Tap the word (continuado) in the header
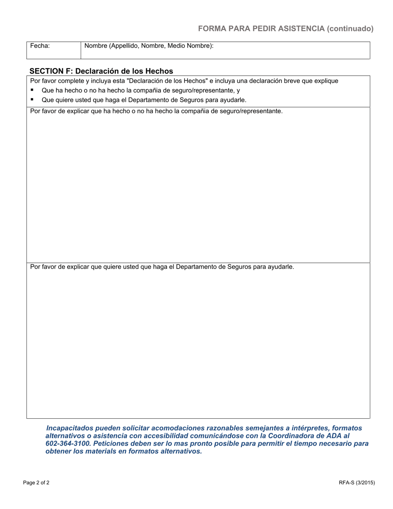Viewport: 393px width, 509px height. coord(350,29)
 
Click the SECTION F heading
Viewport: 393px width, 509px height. coord(101,71)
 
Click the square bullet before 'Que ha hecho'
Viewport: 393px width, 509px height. coord(32,90)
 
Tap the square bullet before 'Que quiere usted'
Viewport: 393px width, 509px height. coord(32,100)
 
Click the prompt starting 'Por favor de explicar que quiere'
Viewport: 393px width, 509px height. coord(162,267)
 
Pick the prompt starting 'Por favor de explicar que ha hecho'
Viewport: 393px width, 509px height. coord(156,111)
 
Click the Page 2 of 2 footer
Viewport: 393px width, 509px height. coord(36,483)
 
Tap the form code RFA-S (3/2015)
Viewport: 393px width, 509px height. coord(357,483)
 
